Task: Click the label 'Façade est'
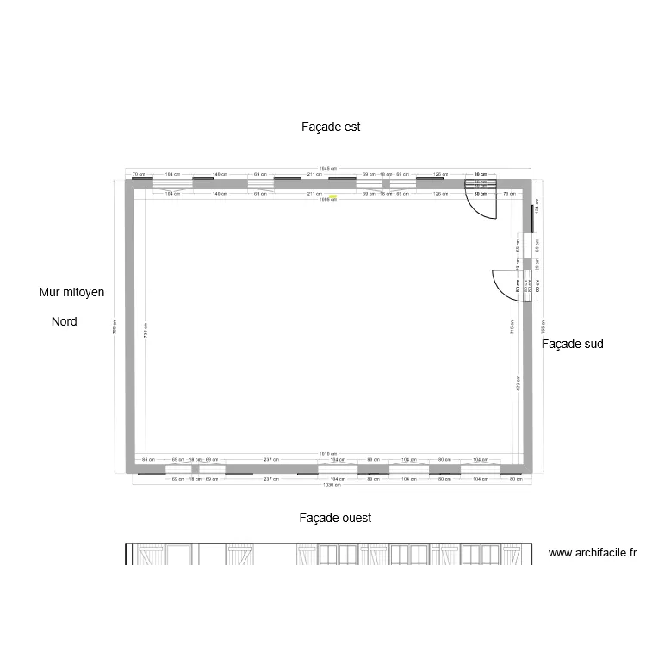click(331, 127)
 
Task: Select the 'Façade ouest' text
click(335, 519)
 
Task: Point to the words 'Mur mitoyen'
click(71, 293)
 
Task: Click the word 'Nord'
click(65, 321)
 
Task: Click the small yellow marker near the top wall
click(333, 196)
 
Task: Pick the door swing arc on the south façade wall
click(502, 283)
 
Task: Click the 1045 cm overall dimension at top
click(327, 169)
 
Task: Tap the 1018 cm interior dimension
click(327, 454)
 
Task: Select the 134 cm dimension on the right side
click(536, 209)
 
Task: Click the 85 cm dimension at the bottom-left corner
click(147, 459)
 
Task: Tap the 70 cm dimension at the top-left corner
click(138, 174)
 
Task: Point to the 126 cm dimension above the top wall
click(440, 174)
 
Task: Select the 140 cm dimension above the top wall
click(220, 174)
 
